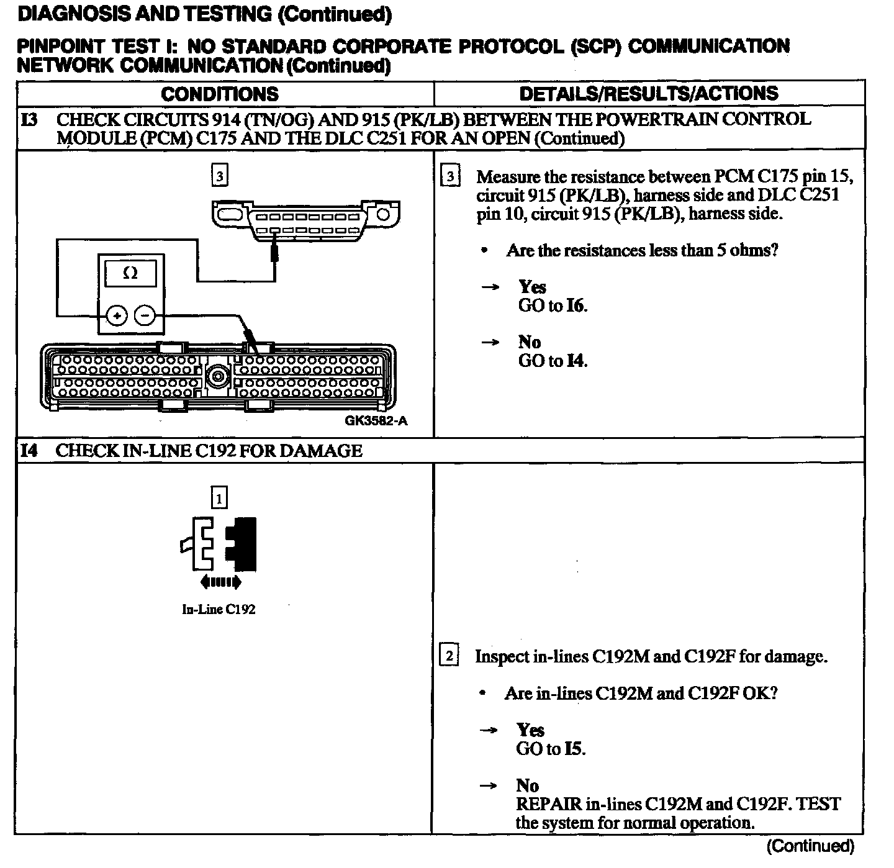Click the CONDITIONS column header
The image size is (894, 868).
pyautogui.click(x=220, y=94)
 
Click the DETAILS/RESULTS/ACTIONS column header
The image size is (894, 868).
pyautogui.click(x=648, y=94)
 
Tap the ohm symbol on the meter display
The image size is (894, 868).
pyautogui.click(x=130, y=273)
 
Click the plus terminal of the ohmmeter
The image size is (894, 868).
pyautogui.click(x=117, y=315)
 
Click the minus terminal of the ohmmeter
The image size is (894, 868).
pyautogui.click(x=145, y=315)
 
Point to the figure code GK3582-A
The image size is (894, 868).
pyautogui.click(x=376, y=421)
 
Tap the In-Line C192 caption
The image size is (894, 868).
pyautogui.click(x=219, y=609)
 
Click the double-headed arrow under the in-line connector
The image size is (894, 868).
pyautogui.click(x=220, y=582)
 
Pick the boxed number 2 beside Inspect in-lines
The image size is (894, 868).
pyautogui.click(x=449, y=656)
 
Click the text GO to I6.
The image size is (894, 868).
pyautogui.click(x=552, y=305)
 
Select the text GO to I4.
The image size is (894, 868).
pyautogui.click(x=552, y=361)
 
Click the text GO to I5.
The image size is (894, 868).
pyautogui.click(x=550, y=749)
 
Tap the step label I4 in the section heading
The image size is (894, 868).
pyautogui.click(x=29, y=451)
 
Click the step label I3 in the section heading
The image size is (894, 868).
pyautogui.click(x=29, y=119)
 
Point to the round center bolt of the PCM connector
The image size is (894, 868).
pyautogui.click(x=218, y=376)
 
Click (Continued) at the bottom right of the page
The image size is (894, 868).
pyautogui.click(x=811, y=846)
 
